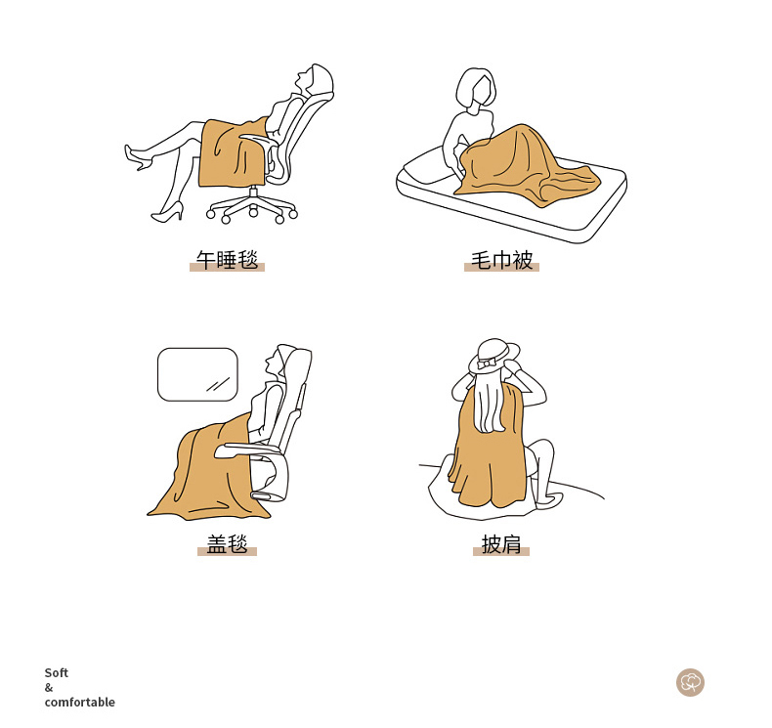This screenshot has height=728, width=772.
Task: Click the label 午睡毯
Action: tap(227, 260)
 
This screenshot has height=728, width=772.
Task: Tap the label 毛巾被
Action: tap(501, 260)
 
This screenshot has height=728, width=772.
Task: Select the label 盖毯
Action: tap(227, 544)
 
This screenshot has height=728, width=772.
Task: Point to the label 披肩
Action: tap(501, 544)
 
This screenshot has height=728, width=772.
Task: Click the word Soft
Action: tap(56, 673)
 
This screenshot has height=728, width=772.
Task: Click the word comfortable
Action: tap(80, 702)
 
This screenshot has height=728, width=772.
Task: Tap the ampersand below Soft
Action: tap(48, 688)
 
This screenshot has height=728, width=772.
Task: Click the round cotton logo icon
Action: tap(690, 683)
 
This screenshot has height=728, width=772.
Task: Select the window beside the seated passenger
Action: tap(197, 374)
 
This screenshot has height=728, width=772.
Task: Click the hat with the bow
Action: tap(493, 355)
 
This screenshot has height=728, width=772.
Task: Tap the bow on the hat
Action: tap(488, 364)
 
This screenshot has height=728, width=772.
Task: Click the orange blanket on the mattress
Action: tap(527, 167)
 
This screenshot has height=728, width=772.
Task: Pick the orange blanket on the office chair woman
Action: tap(232, 153)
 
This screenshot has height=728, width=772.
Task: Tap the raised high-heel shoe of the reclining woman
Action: tap(138, 157)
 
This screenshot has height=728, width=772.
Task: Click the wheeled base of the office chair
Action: tap(252, 207)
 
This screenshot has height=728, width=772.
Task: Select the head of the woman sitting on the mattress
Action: tap(476, 90)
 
